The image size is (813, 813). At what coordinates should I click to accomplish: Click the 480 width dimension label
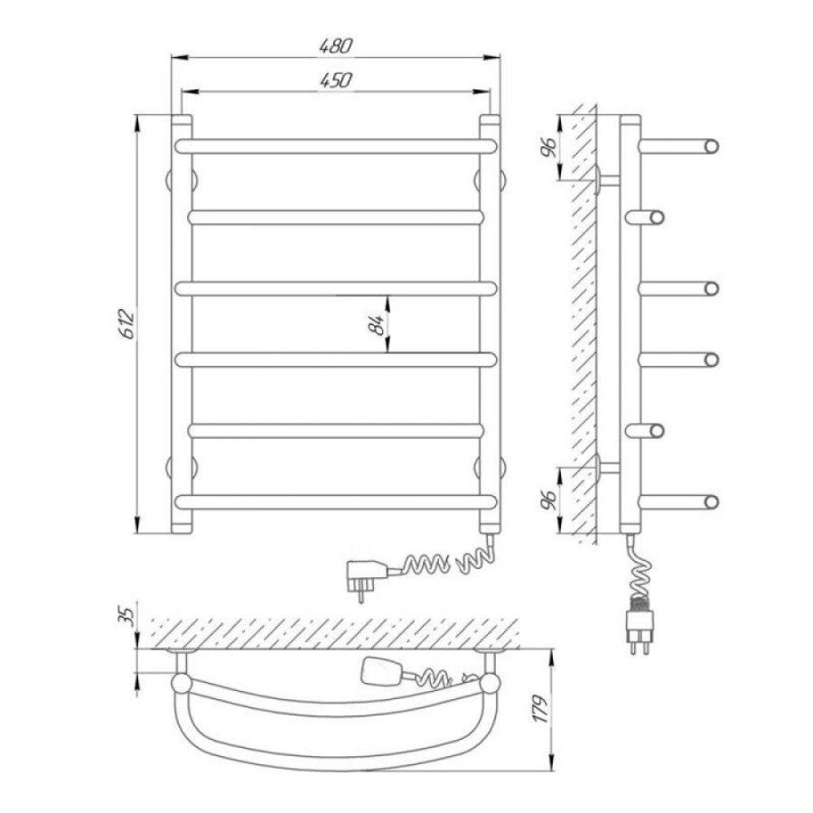[335, 46]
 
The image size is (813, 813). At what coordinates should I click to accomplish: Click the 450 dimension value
[335, 80]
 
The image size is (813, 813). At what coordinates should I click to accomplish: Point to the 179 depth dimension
[541, 709]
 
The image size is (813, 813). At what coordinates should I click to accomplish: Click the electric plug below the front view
[367, 577]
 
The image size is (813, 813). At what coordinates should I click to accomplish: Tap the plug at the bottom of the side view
[640, 630]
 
